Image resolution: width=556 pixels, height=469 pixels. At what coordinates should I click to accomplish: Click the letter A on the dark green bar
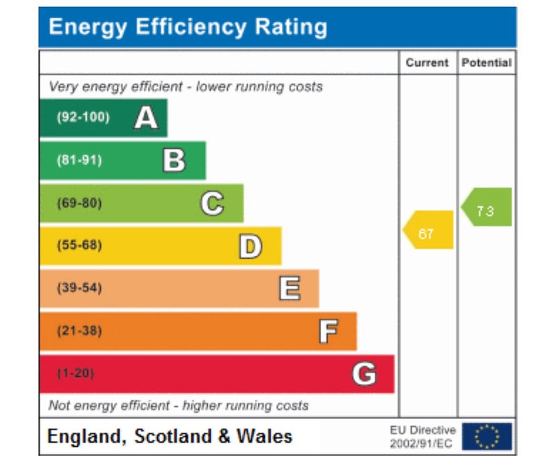click(146, 118)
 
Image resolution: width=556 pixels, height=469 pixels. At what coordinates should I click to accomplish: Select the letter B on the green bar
click(174, 161)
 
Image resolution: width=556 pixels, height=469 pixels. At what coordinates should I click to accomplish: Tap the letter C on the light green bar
click(212, 204)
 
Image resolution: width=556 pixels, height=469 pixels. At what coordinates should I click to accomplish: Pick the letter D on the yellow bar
click(250, 246)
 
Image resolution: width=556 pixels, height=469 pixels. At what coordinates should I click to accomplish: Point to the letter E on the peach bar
click(289, 288)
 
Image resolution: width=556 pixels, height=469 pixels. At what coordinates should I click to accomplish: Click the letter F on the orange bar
click(328, 331)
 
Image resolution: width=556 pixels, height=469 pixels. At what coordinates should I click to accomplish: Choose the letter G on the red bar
click(364, 374)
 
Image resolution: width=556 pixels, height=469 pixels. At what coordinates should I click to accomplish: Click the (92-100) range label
click(83, 117)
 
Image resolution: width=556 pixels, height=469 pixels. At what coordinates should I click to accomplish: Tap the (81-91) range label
click(79, 161)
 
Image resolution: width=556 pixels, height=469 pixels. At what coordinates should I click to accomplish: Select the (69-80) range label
click(79, 204)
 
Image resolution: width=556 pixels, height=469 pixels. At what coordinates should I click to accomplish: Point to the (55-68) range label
click(79, 246)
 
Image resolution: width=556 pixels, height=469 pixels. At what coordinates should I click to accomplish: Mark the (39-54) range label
click(79, 288)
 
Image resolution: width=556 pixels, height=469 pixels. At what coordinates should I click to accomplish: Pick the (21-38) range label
click(79, 331)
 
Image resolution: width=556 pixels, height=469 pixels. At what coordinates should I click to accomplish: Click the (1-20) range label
click(75, 374)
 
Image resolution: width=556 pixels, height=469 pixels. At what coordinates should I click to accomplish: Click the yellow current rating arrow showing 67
click(428, 230)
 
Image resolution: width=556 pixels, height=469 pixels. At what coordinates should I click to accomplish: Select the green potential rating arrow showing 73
click(487, 207)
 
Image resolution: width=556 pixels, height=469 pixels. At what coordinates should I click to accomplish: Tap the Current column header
click(427, 63)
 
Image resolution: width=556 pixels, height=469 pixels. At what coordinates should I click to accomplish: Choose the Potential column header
click(486, 63)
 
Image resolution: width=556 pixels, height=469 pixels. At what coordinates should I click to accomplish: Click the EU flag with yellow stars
click(486, 436)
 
